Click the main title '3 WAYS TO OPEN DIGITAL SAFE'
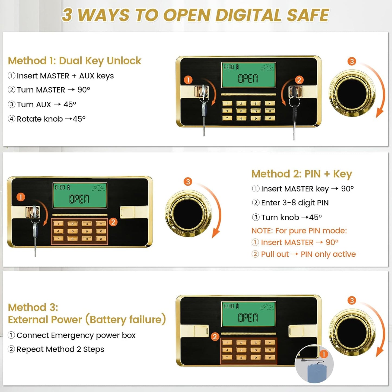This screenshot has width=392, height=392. tap(195, 15)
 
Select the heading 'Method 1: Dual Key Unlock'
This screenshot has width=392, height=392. tap(75, 61)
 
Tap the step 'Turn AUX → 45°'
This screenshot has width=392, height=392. tap(46, 104)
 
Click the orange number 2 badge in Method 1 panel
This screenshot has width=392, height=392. tap(299, 80)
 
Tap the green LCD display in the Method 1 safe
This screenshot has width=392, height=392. tap(248, 75)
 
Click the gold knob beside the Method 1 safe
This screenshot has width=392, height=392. tap(352, 94)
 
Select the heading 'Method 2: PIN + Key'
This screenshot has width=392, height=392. tap(302, 174)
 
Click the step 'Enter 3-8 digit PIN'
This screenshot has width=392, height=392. tap(295, 203)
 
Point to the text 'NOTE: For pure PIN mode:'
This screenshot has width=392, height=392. tap(299, 231)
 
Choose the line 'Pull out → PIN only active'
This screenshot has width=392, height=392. tap(308, 254)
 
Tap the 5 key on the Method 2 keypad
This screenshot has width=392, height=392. tap(72, 231)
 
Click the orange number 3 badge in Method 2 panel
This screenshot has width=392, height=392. tap(188, 181)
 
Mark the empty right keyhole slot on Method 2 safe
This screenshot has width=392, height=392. tap(127, 212)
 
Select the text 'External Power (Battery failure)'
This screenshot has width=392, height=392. tap(87, 320)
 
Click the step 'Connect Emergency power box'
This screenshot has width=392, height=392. tap(76, 335)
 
